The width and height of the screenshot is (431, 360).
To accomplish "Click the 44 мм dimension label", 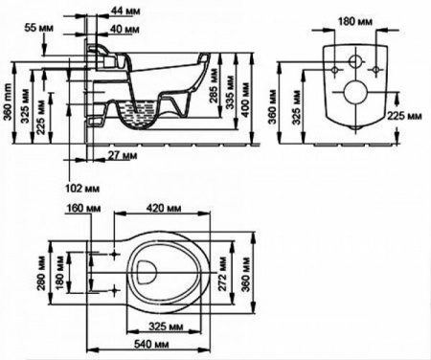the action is [x=125, y=11].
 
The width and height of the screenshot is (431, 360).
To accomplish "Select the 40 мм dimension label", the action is [x=125, y=30].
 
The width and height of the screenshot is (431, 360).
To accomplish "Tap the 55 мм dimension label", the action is [x=39, y=28].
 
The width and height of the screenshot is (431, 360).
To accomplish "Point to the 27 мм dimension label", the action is [x=122, y=155].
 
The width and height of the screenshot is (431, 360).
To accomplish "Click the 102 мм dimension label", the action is [x=82, y=189].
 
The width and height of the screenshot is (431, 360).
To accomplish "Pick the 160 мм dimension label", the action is [x=83, y=209].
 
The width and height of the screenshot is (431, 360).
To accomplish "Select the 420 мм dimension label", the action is [x=164, y=209].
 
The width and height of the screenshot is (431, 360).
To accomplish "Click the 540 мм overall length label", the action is [x=151, y=344].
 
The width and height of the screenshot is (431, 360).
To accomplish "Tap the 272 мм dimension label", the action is [x=222, y=273].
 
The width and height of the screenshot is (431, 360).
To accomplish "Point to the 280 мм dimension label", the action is [x=41, y=273].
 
